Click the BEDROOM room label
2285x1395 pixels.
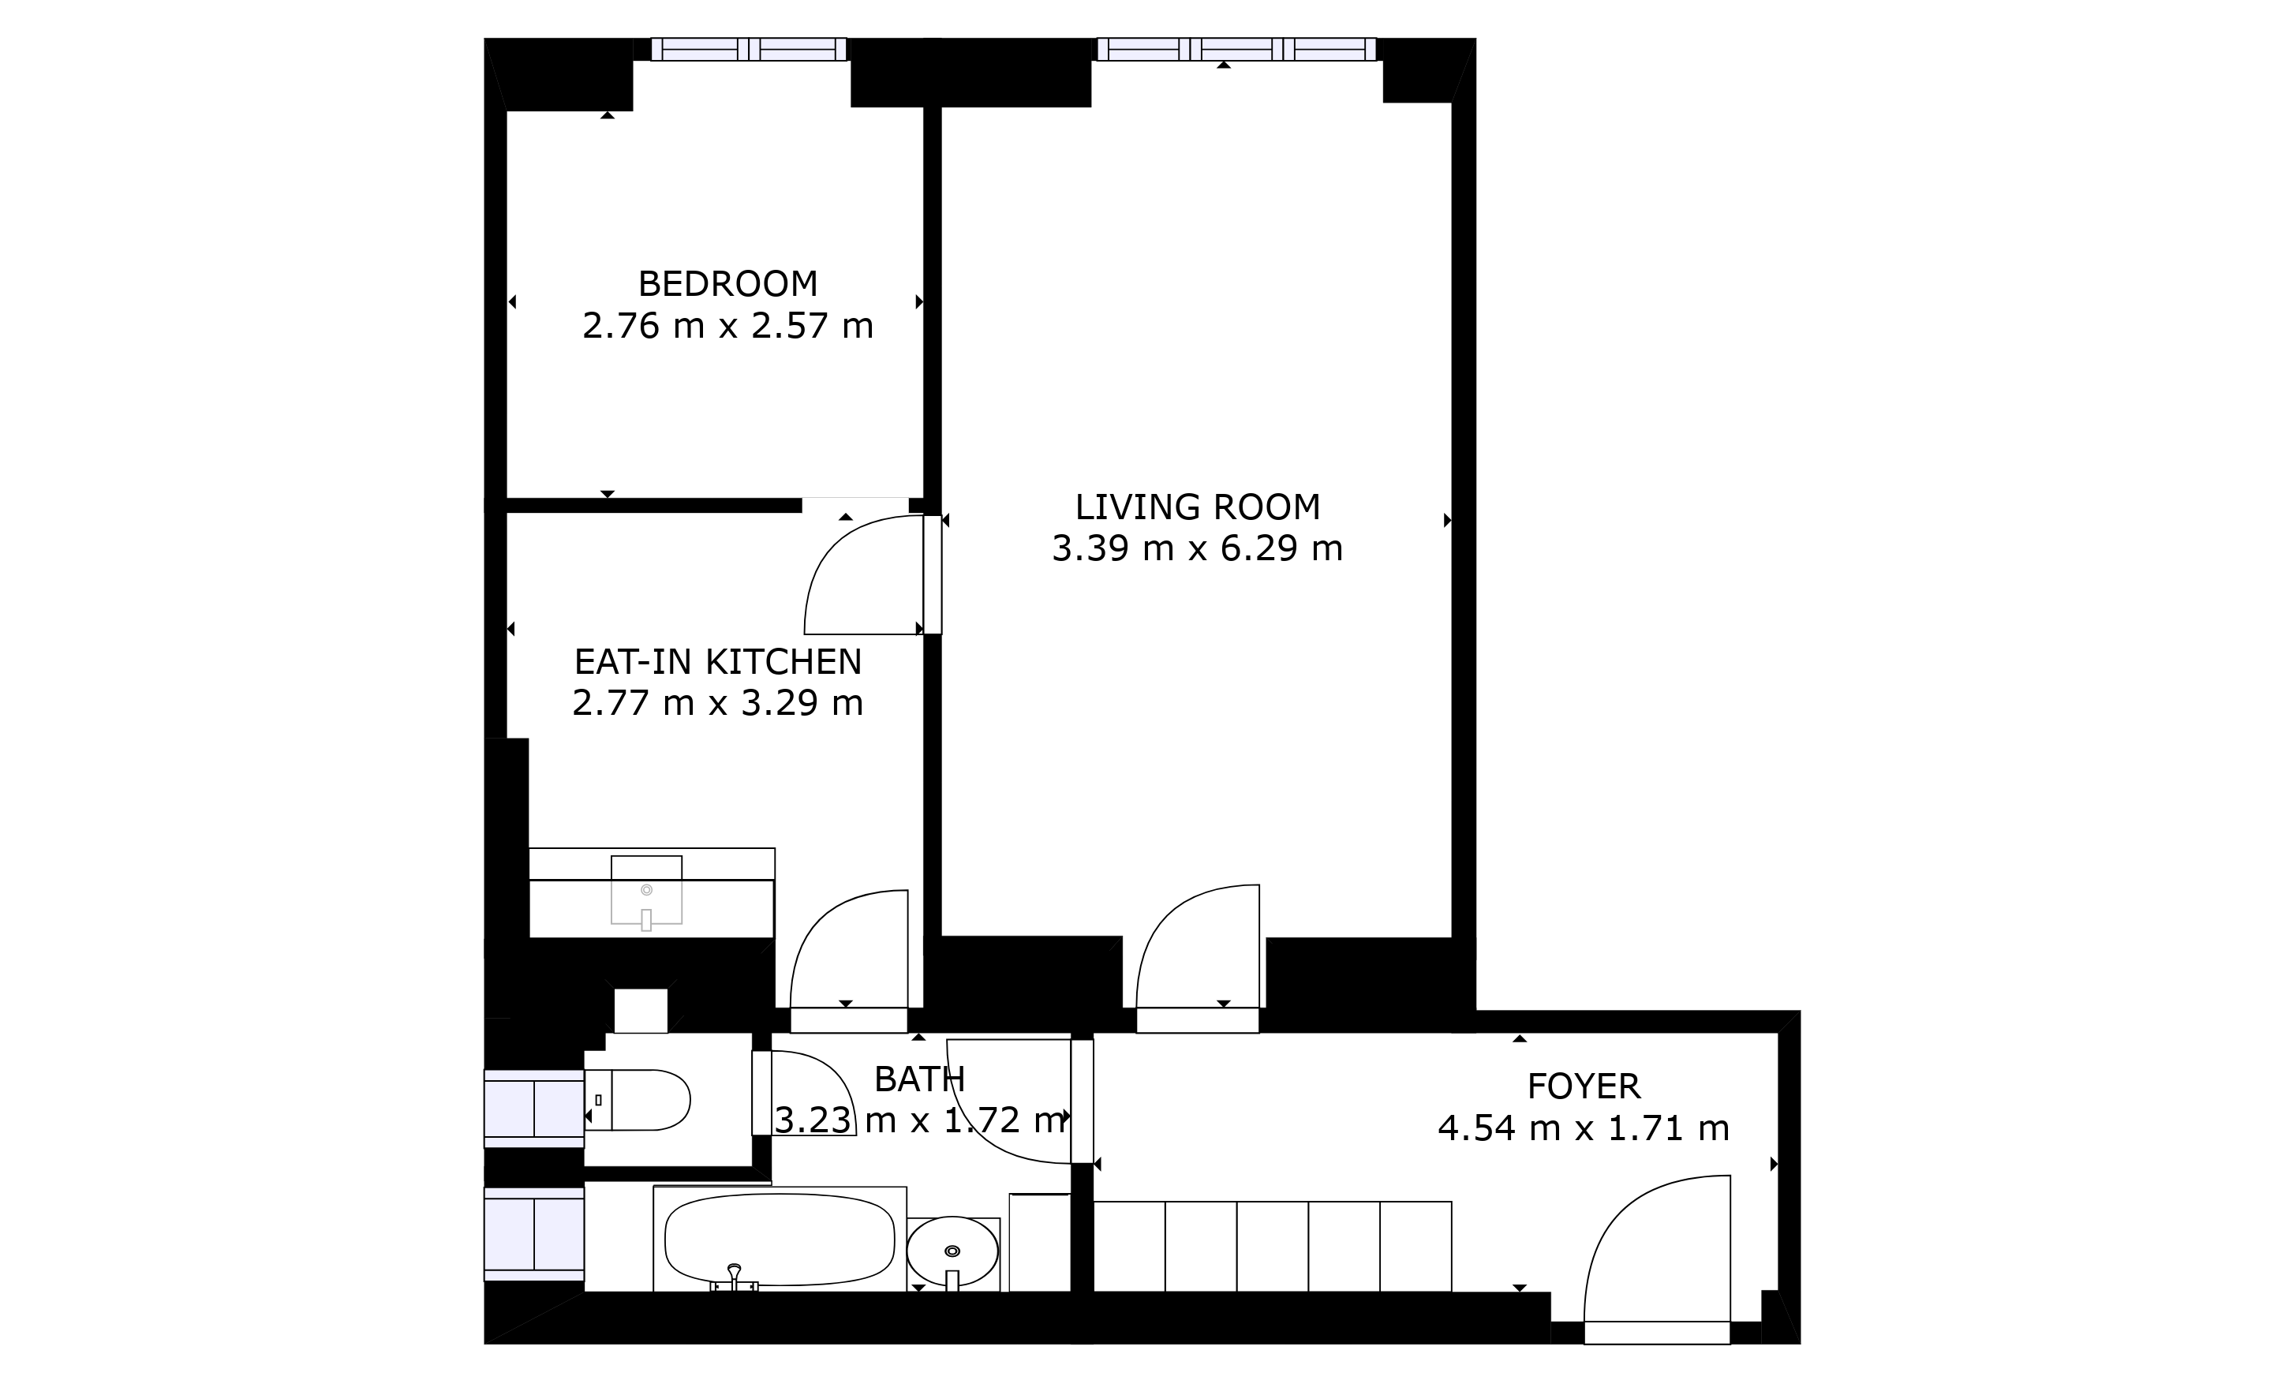(728, 283)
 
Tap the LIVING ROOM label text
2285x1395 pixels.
(1197, 507)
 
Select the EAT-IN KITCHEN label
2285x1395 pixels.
(718, 661)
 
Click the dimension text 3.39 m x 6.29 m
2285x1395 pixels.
(1197, 548)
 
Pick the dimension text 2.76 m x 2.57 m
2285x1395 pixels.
(728, 326)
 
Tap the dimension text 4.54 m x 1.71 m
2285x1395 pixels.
(1583, 1128)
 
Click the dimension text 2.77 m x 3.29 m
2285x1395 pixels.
(718, 703)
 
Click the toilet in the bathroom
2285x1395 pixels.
(638, 1100)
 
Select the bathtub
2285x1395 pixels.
(780, 1240)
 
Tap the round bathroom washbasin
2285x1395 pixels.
(952, 1251)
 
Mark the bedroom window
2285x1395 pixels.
(750, 49)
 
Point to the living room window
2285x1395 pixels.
(1236, 49)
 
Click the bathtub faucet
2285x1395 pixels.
(735, 1277)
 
